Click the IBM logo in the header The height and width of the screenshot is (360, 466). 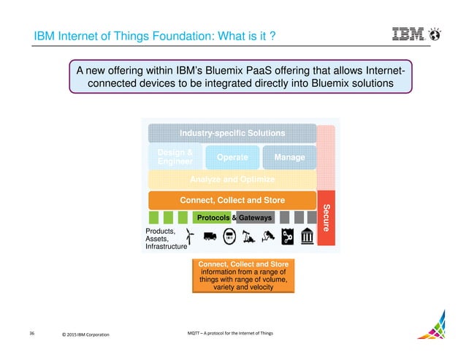tap(411, 34)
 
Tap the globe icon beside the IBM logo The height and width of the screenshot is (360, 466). tap(435, 34)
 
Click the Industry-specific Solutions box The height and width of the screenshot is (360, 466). tap(233, 133)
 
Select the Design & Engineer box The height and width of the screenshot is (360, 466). tap(175, 156)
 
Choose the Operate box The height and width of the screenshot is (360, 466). tap(232, 157)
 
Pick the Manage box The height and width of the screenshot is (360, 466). tap(289, 157)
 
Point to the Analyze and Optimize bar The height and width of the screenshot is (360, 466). tap(232, 180)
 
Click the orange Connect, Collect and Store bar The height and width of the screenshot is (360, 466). tap(232, 200)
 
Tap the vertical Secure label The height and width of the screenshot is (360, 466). tap(326, 218)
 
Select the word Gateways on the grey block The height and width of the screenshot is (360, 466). tap(256, 218)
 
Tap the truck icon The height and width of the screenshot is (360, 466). tap(210, 236)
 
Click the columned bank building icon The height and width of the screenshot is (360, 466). tap(307, 236)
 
